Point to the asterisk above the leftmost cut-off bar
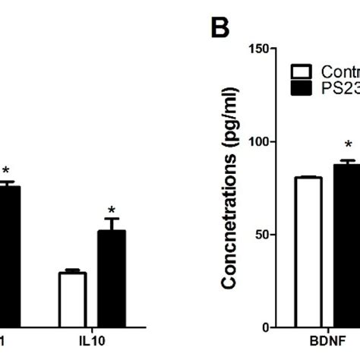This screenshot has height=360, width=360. (x=7, y=171)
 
